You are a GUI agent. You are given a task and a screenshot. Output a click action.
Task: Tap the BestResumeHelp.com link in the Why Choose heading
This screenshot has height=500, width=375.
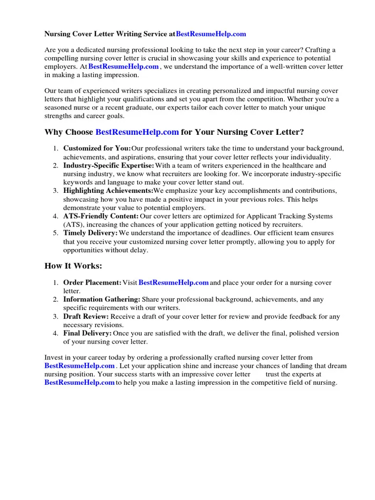(x=137, y=132)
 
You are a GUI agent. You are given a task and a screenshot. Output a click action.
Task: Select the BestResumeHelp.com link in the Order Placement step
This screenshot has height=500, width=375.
(x=174, y=283)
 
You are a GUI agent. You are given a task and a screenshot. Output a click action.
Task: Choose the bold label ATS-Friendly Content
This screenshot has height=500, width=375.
(x=101, y=216)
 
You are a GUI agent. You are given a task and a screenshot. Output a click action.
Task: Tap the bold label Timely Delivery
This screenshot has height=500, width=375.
(x=90, y=232)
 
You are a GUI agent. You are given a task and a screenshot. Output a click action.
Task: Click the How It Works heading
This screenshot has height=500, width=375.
(x=73, y=266)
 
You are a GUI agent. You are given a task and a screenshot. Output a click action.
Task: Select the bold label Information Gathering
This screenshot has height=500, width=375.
(x=102, y=299)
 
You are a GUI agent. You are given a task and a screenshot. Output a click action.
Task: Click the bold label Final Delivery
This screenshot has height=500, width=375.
(x=87, y=333)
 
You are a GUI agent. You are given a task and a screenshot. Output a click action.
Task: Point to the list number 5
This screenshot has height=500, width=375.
(x=56, y=232)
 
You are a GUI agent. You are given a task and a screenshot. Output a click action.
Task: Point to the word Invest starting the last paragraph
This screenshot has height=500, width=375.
(x=54, y=358)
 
